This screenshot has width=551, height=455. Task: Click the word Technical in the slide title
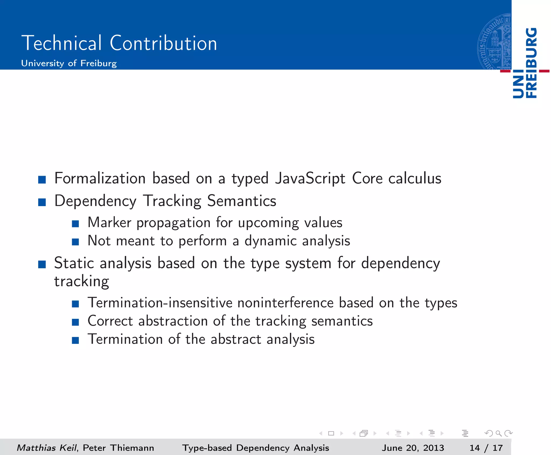click(x=62, y=43)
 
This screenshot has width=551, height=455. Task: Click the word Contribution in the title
click(x=163, y=43)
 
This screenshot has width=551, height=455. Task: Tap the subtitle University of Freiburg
click(x=69, y=64)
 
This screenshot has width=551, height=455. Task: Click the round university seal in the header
click(x=494, y=42)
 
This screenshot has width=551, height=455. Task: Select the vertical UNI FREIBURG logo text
click(x=525, y=63)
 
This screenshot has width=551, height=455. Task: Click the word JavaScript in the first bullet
click(x=310, y=178)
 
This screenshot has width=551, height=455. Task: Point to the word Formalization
click(x=100, y=178)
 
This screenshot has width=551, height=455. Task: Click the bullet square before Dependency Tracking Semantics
click(x=42, y=202)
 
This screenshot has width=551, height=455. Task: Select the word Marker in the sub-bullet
click(x=110, y=223)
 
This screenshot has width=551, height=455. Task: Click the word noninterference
click(x=285, y=303)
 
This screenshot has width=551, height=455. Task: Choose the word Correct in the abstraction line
click(x=110, y=321)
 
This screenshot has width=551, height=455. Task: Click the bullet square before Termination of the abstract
click(x=75, y=340)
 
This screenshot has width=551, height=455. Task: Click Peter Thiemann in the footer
click(x=118, y=448)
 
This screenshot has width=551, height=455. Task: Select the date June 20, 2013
click(x=413, y=448)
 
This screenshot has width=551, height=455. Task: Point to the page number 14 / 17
click(x=486, y=448)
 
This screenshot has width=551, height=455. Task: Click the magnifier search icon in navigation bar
click(x=498, y=433)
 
